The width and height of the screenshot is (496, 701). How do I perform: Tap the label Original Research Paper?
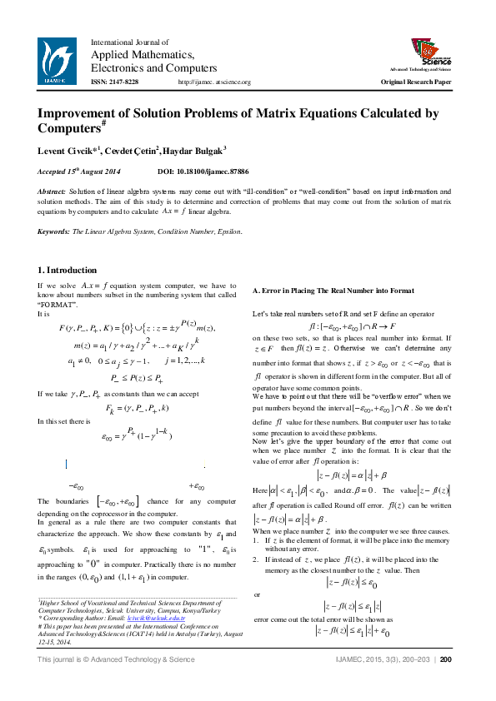coord(416,82)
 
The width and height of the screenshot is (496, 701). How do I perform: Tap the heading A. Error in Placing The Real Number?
coord(333,291)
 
